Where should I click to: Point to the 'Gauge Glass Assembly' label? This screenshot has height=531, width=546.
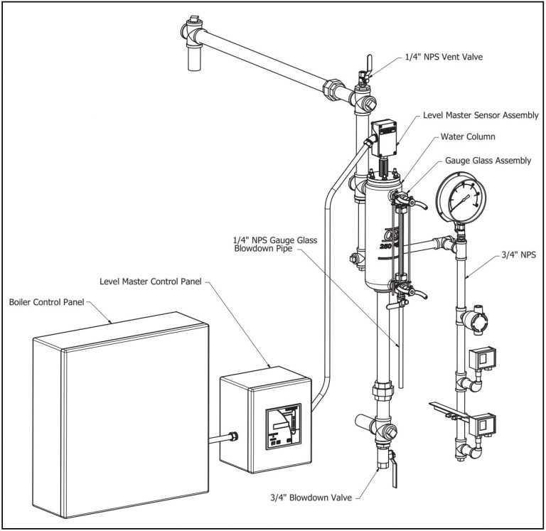coord(488,161)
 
